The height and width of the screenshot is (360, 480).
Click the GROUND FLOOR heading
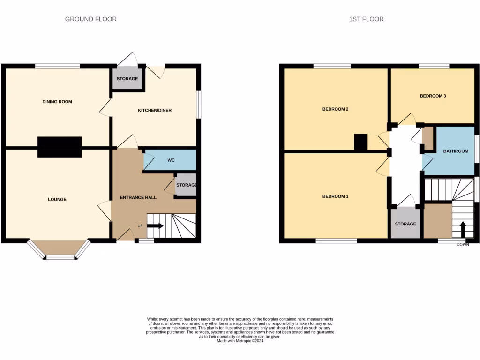(x=90, y=19)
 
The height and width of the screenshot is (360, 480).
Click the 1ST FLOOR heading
(x=366, y=19)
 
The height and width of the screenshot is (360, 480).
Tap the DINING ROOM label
(x=57, y=102)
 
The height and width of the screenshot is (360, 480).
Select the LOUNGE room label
(x=57, y=199)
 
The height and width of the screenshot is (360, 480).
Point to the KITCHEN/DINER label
(x=154, y=111)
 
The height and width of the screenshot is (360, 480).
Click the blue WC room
(x=171, y=160)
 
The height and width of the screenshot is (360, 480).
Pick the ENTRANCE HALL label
(x=138, y=197)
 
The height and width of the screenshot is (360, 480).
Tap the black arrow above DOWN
(x=463, y=229)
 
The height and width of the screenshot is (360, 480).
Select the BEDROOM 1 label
(x=335, y=196)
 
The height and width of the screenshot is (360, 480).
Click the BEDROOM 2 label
(x=335, y=109)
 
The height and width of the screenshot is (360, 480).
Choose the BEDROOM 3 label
(x=432, y=96)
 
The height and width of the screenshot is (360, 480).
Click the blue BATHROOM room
(x=455, y=151)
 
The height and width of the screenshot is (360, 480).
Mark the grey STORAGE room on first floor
(x=405, y=224)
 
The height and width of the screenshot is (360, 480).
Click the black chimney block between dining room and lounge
(x=60, y=147)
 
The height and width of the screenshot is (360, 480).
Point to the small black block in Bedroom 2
(x=360, y=142)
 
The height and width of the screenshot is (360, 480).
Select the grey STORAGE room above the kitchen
(x=127, y=78)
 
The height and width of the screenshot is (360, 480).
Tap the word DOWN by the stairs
(x=463, y=245)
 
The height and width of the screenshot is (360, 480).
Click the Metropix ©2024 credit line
(x=240, y=341)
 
